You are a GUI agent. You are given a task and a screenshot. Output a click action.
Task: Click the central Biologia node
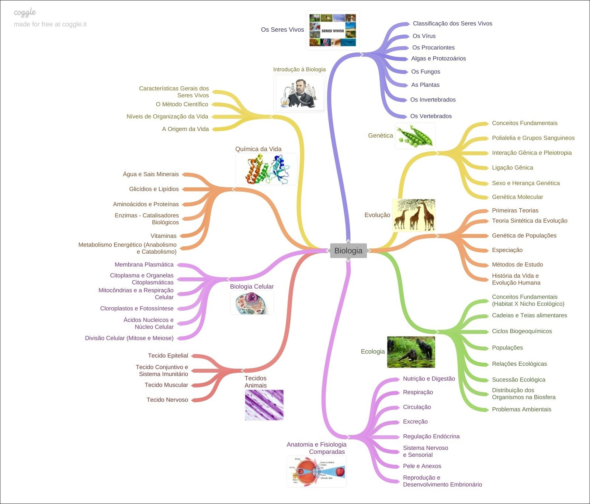point(348,251)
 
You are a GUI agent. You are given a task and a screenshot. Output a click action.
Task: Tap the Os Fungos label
point(426,72)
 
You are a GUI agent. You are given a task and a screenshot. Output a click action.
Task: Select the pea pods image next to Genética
point(415,136)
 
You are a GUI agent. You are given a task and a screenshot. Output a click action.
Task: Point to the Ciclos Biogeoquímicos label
point(522,331)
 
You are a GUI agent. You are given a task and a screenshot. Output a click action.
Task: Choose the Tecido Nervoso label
point(167,400)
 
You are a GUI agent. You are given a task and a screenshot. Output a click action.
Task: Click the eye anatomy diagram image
point(316,472)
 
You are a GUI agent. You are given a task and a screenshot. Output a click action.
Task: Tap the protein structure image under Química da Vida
point(266,169)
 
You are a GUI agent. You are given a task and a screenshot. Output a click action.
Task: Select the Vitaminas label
point(163,236)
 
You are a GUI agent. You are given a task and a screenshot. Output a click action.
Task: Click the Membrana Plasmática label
point(144,265)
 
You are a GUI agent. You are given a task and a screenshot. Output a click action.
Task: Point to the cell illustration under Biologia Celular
point(252,303)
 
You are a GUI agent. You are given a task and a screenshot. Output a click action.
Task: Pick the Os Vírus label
point(424,36)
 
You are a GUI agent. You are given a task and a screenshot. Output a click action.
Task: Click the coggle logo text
point(25,13)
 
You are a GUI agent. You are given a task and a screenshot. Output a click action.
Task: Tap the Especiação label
point(507,250)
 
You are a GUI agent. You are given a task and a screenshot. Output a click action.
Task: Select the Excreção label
point(415,422)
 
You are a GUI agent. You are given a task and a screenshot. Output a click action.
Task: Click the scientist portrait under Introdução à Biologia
point(299,93)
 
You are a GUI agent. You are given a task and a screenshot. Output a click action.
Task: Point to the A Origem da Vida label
point(185,129)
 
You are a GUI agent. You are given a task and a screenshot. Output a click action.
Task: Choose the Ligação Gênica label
point(513,168)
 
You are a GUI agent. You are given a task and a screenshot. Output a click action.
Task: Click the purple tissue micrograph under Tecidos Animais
point(264,405)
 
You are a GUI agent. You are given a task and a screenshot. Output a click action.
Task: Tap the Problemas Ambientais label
point(521,410)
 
